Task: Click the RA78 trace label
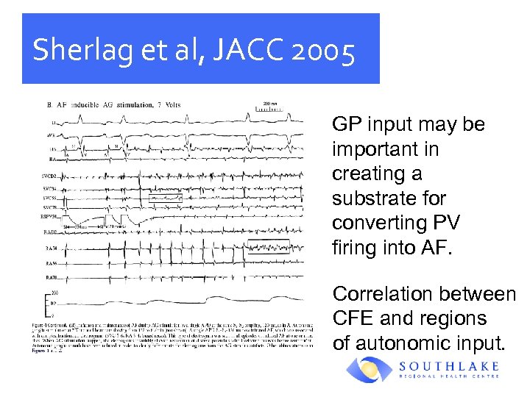[x=50, y=276]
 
